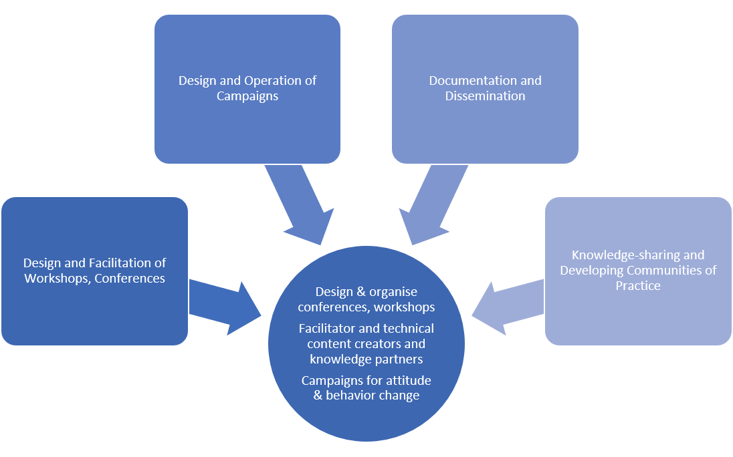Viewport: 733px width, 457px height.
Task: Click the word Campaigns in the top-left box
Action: tap(247, 96)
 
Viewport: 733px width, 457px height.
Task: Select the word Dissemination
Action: tap(486, 96)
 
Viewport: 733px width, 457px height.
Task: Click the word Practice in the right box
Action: tap(638, 285)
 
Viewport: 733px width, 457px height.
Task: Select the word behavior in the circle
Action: tap(347, 396)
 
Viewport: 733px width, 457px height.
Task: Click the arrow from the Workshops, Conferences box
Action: tap(225, 308)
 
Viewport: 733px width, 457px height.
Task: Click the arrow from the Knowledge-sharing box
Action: tap(508, 308)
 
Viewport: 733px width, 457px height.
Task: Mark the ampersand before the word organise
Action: tap(361, 292)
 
